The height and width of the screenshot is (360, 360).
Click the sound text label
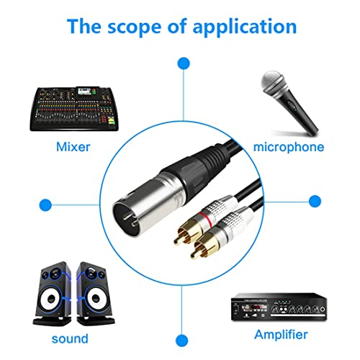(70, 338)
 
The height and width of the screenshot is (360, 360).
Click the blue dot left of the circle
(46, 203)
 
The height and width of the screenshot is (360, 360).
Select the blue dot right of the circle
(315, 200)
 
